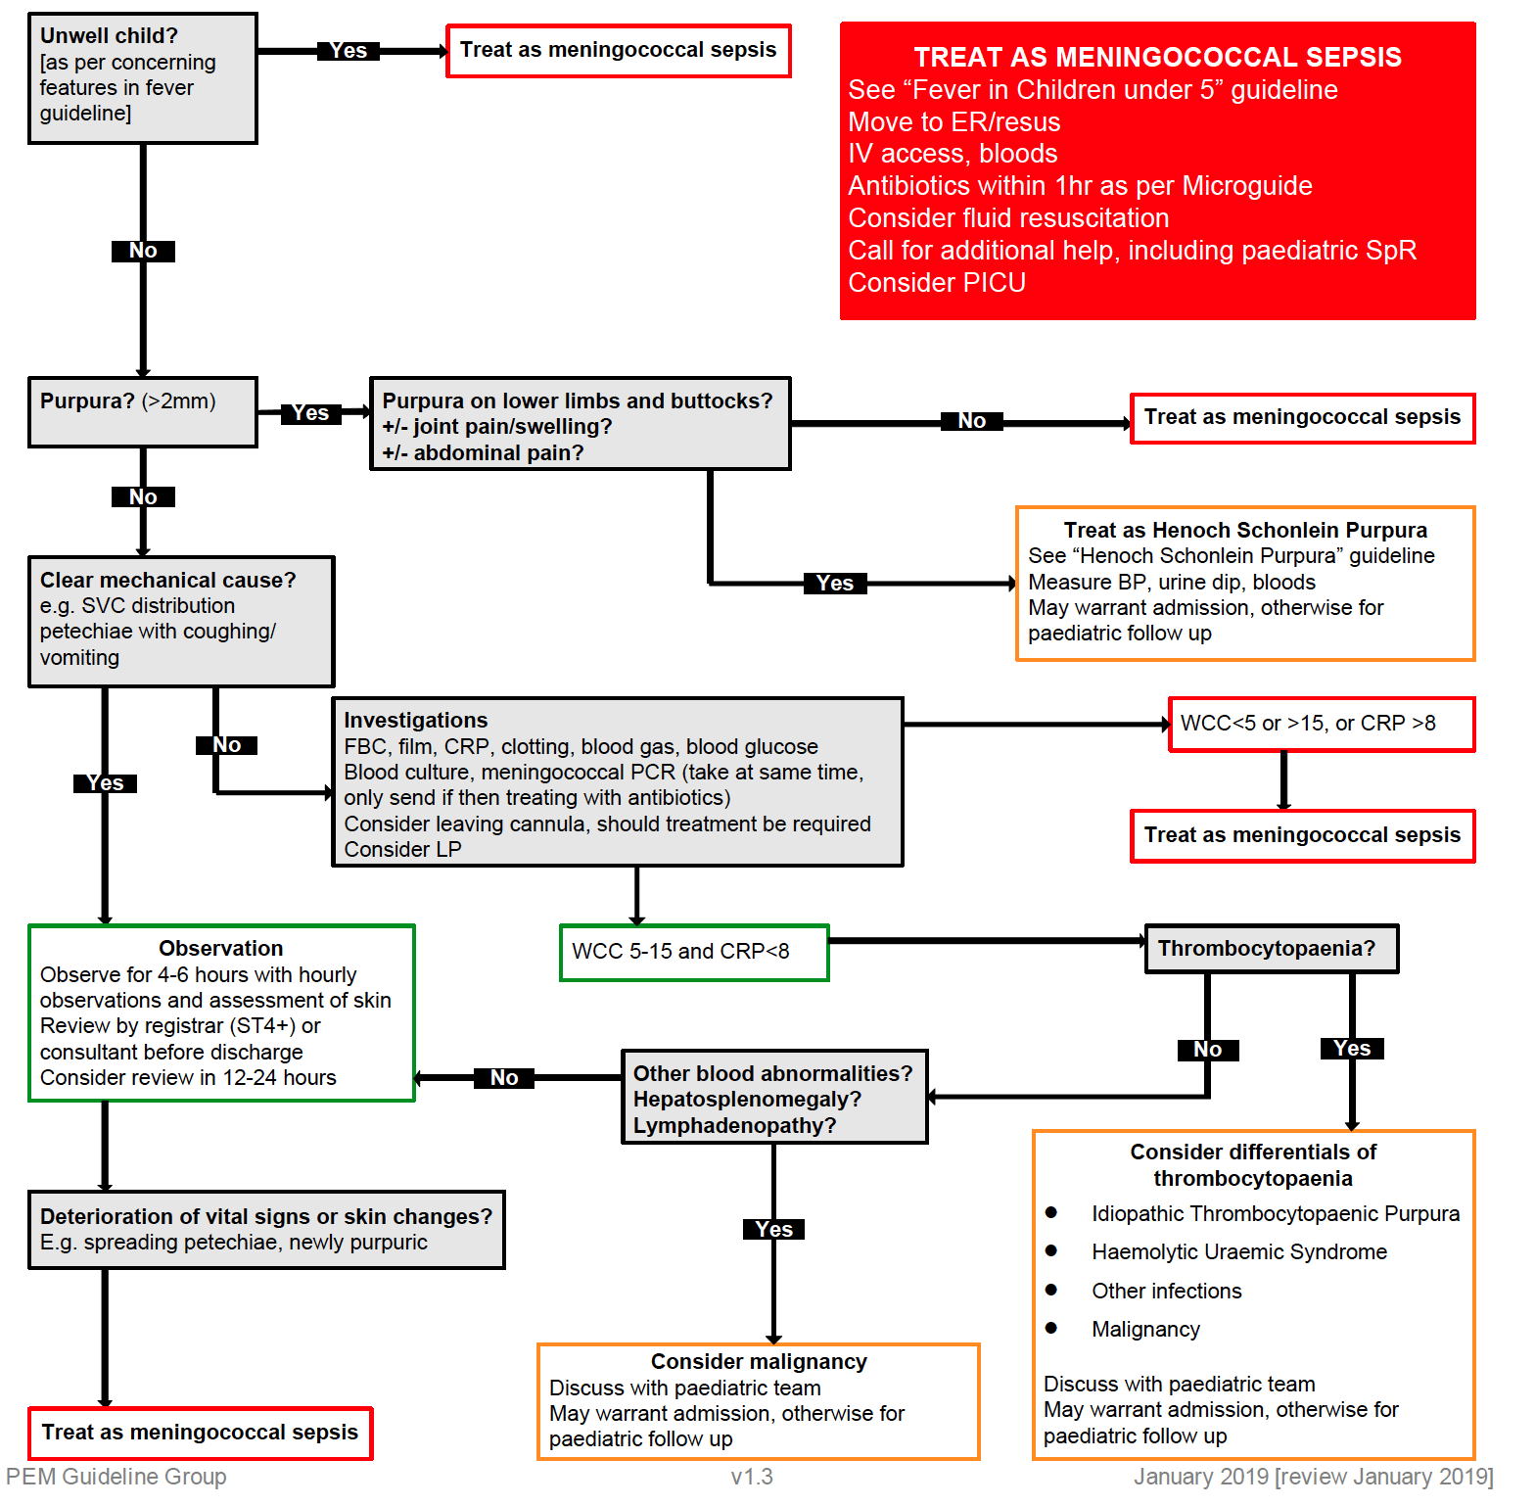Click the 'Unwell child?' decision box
tap(143, 78)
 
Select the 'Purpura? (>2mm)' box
tap(143, 411)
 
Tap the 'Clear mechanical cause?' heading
tap(167, 580)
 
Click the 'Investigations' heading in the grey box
tap(415, 720)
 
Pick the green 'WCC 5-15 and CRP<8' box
tap(694, 952)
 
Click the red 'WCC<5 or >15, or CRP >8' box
tap(1322, 724)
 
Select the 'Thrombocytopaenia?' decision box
tap(1271, 948)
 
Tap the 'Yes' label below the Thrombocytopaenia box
tap(1351, 1049)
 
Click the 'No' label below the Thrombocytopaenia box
tap(1207, 1050)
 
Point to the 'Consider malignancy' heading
tap(759, 1361)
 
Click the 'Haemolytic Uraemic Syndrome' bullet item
tap(1238, 1251)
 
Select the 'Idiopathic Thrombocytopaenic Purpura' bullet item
tap(1275, 1213)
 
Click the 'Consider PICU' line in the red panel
tap(936, 283)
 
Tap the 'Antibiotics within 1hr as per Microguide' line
tap(1079, 186)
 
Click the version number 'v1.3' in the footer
tap(751, 1477)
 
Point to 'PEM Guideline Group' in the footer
tap(116, 1477)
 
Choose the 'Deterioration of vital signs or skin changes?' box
tap(266, 1229)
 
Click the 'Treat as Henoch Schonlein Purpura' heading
tap(1245, 530)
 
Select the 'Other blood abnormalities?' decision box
tap(773, 1097)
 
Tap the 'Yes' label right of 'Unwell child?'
tap(349, 51)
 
